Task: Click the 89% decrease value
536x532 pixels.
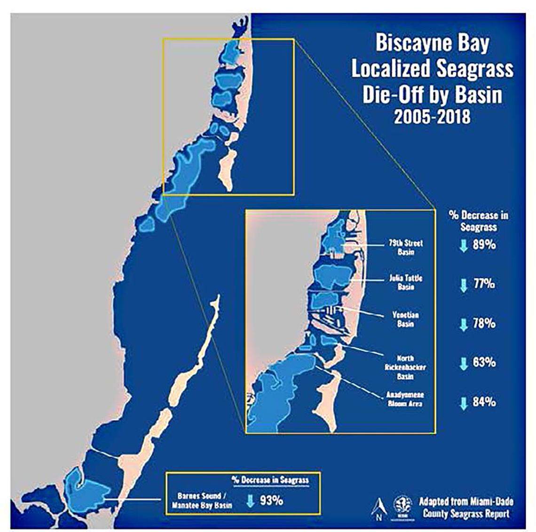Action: [x=484, y=245]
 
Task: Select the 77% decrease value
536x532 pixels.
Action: [x=484, y=284]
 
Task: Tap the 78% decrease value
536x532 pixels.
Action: [x=484, y=324]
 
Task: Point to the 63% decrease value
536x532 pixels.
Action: [x=484, y=362]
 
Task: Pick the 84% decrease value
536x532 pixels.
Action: [x=484, y=402]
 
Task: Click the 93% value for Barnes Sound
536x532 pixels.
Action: [x=271, y=501]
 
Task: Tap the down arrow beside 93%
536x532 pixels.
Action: [x=250, y=501]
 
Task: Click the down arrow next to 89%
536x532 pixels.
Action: [x=463, y=245]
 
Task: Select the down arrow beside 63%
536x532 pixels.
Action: [x=463, y=363]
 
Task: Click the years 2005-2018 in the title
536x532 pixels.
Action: [x=432, y=116]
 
